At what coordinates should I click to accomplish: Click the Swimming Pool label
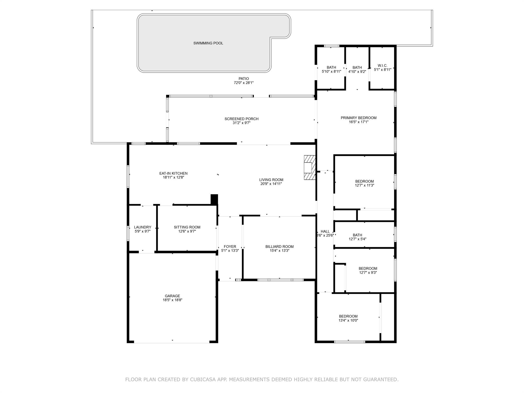pos(208,43)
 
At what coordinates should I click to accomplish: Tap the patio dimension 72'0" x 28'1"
pos(244,83)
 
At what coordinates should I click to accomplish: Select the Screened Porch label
pos(242,119)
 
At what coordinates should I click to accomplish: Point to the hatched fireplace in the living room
pos(310,168)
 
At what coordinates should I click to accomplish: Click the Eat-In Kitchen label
pos(173,173)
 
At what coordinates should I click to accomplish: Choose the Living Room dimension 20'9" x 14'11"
pos(271,184)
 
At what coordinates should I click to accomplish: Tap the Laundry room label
pos(143,227)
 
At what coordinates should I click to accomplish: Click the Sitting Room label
pos(187,227)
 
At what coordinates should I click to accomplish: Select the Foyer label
pos(230,247)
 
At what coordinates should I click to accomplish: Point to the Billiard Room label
pos(279,247)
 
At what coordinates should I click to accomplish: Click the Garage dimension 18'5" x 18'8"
pos(172,300)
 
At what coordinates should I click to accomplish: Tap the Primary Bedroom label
pos(358,118)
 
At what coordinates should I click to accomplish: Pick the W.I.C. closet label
pos(383,66)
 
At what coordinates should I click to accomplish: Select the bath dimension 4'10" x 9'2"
pos(357,72)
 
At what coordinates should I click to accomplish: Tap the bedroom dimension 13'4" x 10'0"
pos(348,320)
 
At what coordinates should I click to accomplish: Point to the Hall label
pos(325,232)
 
